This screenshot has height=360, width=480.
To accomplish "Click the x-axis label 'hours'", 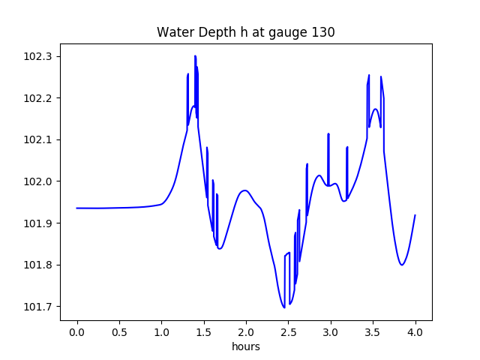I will coord(246,348).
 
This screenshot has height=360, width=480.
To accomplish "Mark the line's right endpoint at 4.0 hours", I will coord(415,215).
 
